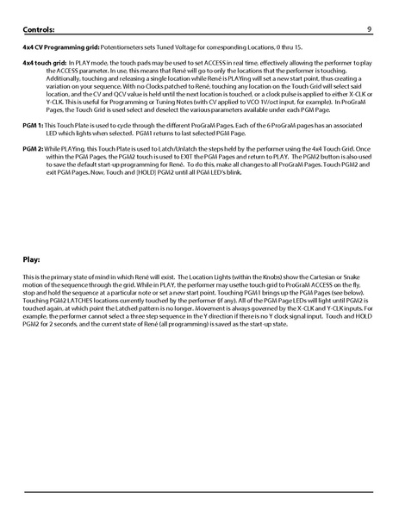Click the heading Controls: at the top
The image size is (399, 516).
(42, 29)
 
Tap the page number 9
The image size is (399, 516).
(368, 29)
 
